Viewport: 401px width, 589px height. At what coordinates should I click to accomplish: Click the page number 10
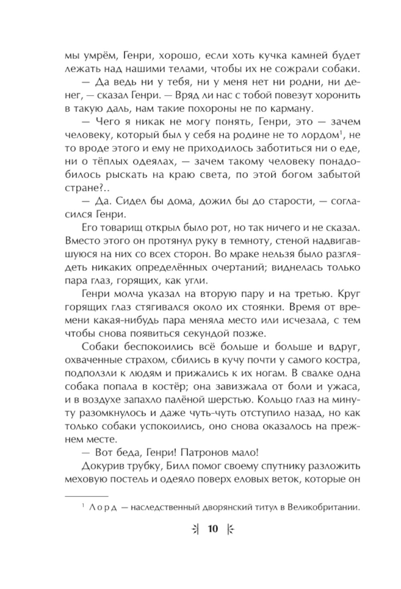213,529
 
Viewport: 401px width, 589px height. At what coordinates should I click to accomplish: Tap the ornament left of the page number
195,529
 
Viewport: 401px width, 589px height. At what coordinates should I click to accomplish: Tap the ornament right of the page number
230,529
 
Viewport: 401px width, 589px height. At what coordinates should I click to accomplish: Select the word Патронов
205,452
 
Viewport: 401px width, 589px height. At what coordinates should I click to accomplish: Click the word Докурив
101,466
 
